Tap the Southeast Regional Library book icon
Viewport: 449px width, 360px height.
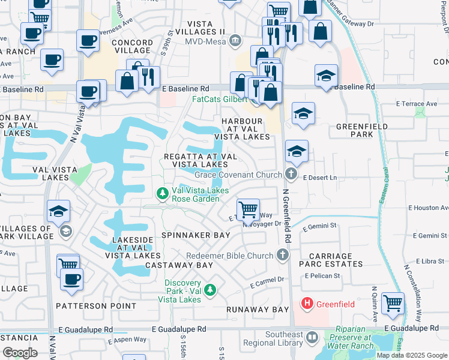point(312,337)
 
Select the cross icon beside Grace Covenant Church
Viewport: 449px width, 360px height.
point(291,175)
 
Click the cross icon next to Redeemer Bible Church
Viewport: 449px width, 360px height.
point(283,256)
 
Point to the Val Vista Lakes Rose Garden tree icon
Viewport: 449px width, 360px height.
point(162,194)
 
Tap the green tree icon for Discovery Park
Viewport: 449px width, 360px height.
point(209,290)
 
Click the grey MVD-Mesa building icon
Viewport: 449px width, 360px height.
point(235,41)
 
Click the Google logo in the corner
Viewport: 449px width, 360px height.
point(20,352)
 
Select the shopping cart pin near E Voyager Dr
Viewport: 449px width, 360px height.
point(248,210)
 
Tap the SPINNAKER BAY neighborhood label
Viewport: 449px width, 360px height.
point(195,235)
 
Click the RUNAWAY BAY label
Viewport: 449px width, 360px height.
point(258,310)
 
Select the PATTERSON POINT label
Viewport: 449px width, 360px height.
point(96,305)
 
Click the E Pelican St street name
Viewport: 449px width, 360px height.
point(322,276)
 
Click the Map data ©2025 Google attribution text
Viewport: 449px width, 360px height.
point(411,355)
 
